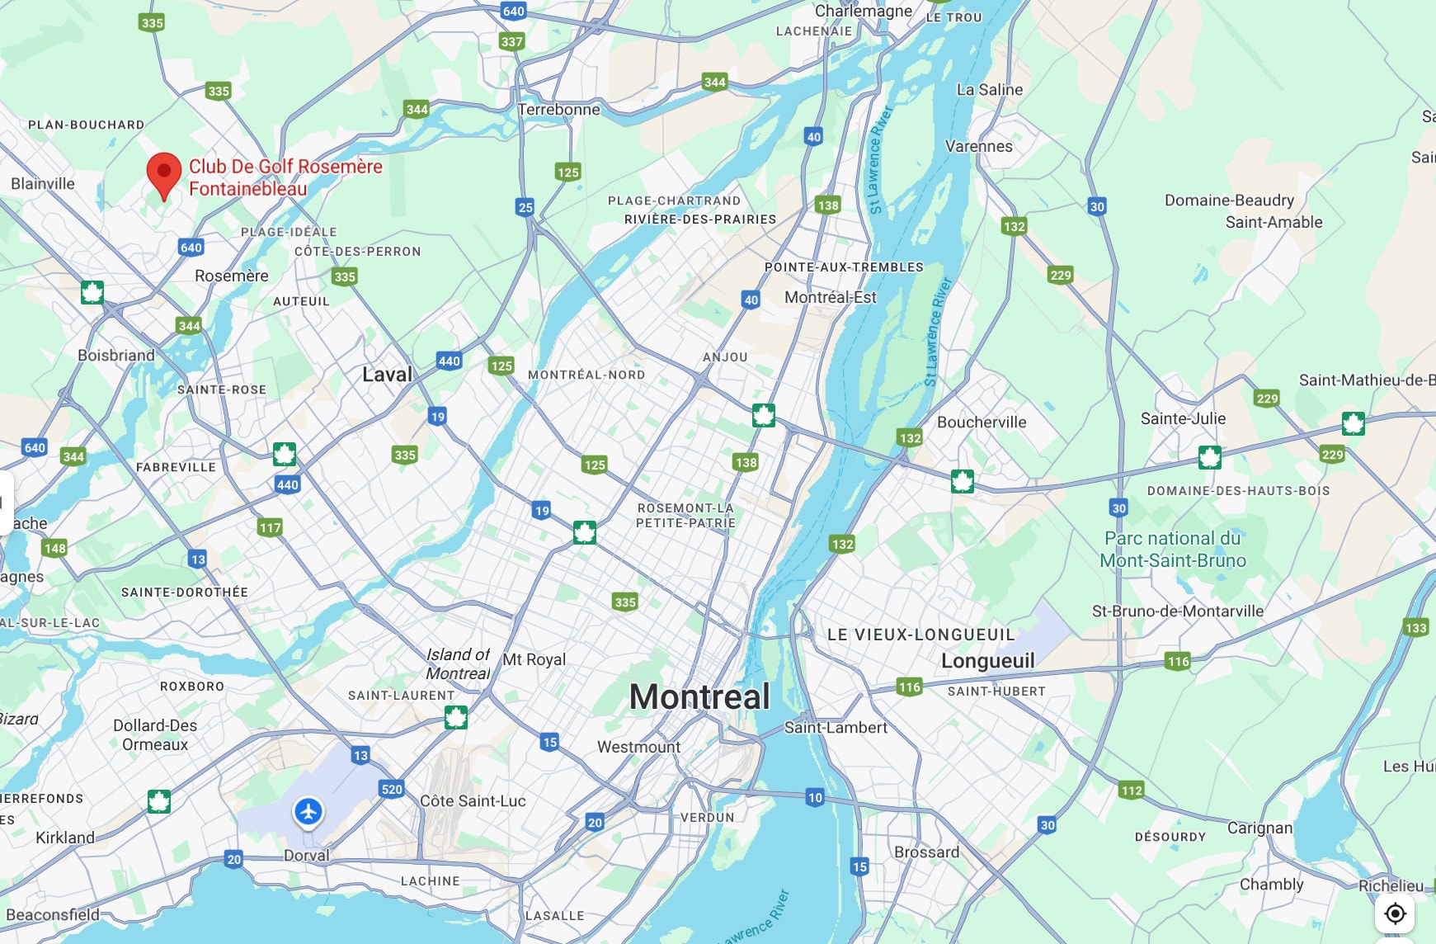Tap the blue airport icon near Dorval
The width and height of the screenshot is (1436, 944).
coord(308,811)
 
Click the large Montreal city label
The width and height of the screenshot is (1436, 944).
coord(699,697)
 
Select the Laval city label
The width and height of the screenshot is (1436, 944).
coord(387,375)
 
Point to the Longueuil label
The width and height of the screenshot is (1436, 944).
coord(987,661)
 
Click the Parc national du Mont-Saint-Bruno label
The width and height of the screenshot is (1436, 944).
coord(1172,550)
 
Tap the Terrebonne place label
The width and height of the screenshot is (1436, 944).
coord(559,110)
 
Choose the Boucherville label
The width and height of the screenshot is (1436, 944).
coord(982,422)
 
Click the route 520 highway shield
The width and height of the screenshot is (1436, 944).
coord(392,789)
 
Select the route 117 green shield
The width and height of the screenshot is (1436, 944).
coord(270,527)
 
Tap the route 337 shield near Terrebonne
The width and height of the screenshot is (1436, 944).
coord(511,41)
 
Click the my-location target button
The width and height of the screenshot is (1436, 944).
coord(1395,913)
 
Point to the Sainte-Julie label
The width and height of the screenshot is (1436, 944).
coord(1183,419)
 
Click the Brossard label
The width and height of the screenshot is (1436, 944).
coord(926,852)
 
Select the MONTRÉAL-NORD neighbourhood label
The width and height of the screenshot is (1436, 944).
coord(586,375)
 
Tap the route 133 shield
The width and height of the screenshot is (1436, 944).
coord(1415,628)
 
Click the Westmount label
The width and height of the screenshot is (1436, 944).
coord(638,747)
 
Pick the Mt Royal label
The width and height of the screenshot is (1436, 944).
coord(534,659)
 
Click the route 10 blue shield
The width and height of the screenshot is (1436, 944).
coord(815,797)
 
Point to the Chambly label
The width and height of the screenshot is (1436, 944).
coord(1271,885)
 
